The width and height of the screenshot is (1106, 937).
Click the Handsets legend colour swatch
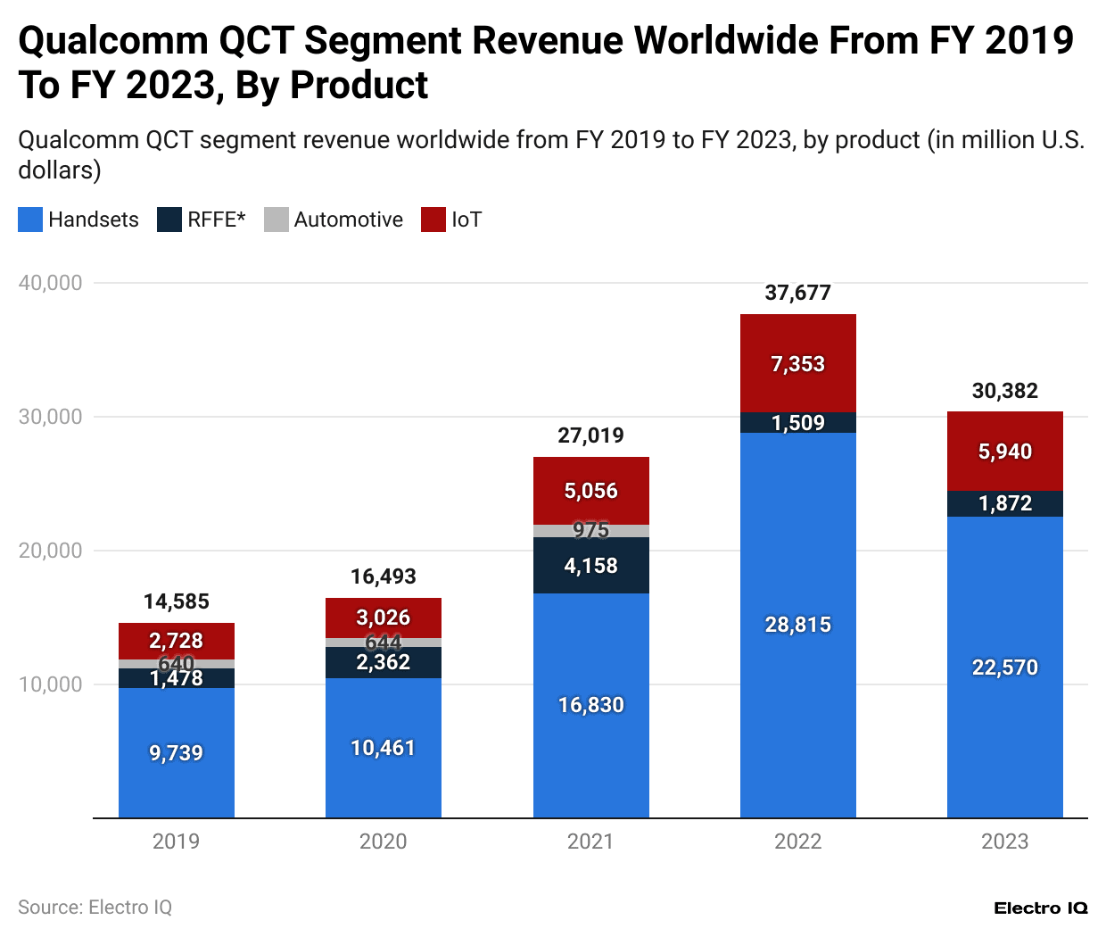click(30, 220)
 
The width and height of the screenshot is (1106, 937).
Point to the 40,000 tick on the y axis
click(51, 283)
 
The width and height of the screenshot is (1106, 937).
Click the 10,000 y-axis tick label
click(51, 684)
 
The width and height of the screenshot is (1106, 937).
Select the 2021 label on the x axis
click(590, 842)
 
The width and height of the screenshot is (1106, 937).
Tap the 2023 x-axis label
click(1004, 842)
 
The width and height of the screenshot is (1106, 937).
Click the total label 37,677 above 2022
click(797, 293)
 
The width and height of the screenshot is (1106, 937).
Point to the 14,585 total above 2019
click(177, 601)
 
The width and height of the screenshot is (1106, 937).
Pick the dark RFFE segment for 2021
click(590, 566)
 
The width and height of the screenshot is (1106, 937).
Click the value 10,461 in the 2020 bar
click(384, 748)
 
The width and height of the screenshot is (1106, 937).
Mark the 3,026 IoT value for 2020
click(384, 618)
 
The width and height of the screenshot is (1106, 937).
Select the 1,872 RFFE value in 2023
click(1004, 503)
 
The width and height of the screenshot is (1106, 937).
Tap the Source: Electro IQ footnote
click(95, 908)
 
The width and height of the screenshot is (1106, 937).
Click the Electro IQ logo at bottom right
click(1041, 908)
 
